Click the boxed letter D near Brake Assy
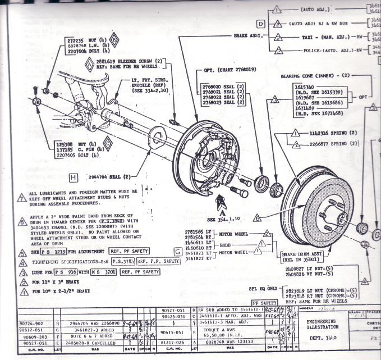coord(261,24)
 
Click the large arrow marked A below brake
coord(222,200)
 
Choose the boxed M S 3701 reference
coord(102,272)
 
